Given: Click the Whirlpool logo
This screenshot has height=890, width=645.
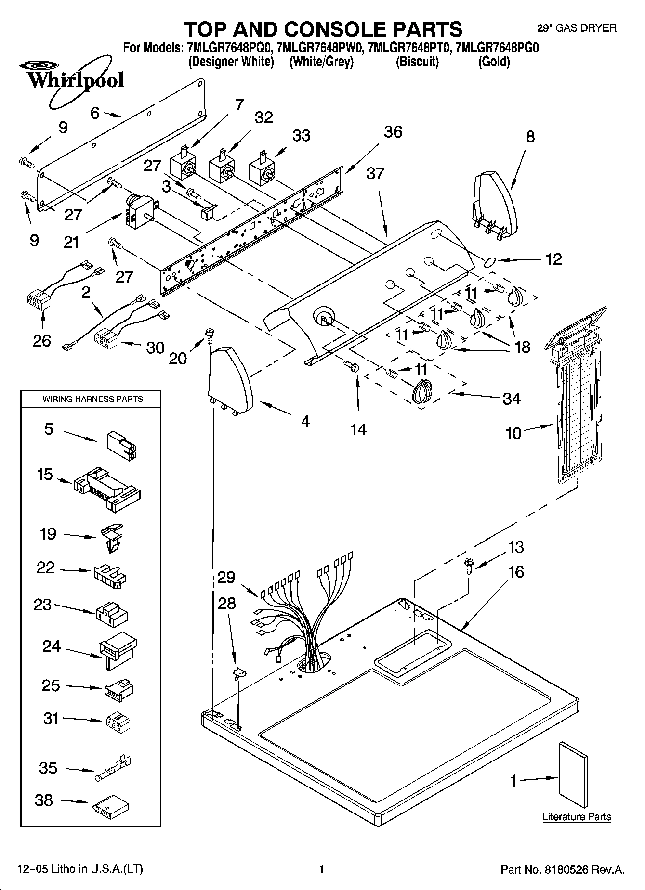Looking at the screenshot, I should click(72, 79).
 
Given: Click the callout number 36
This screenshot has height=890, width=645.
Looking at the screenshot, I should click(393, 132).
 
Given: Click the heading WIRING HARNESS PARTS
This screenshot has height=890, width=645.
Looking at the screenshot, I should click(92, 399).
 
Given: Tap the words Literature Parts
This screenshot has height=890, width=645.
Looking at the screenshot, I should click(577, 817).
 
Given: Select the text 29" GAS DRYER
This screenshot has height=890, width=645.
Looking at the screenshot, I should click(577, 28).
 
